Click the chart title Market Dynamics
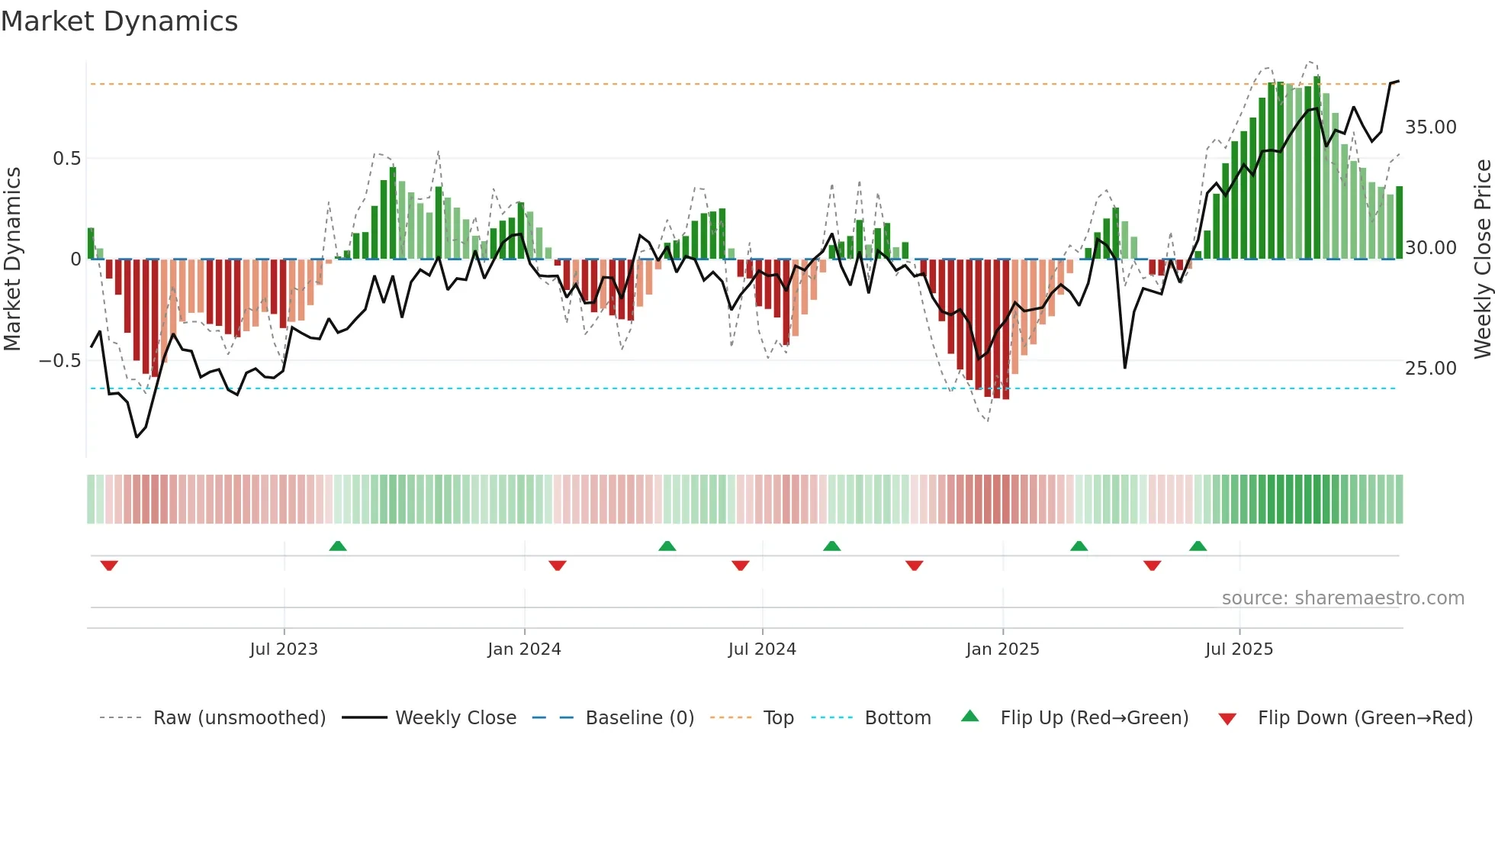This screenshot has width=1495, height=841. click(x=119, y=21)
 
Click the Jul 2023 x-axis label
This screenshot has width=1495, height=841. click(x=284, y=649)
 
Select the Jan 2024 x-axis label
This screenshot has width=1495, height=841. click(x=524, y=649)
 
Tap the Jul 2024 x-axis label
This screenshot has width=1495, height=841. click(x=762, y=649)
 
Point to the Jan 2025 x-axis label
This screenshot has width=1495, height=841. click(x=1002, y=649)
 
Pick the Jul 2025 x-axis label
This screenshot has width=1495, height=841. click(x=1239, y=649)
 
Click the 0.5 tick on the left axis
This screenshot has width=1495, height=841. click(x=66, y=159)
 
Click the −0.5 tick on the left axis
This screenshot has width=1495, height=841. click(x=60, y=361)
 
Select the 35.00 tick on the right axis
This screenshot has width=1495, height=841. click(x=1430, y=127)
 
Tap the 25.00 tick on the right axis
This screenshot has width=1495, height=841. click(x=1430, y=369)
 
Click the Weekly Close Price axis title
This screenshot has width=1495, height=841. click(x=1482, y=259)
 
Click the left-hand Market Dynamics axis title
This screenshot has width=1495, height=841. click(x=12, y=259)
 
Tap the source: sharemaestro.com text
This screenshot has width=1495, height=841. click(x=1342, y=598)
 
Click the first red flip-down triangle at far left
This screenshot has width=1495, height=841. click(x=109, y=565)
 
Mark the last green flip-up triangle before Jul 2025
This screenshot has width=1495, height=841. click(x=1198, y=546)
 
